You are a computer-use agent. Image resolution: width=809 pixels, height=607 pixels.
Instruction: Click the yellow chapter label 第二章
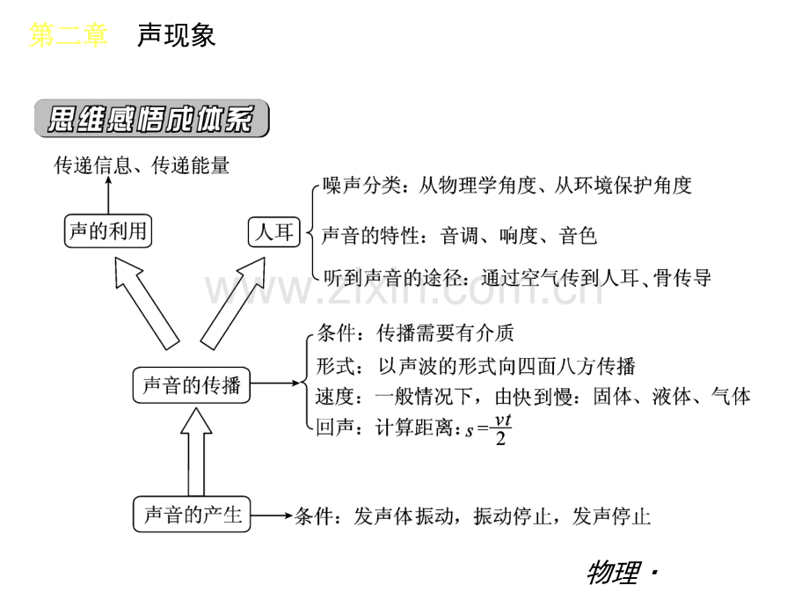68,35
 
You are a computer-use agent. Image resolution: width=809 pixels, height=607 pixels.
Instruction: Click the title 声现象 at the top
176,35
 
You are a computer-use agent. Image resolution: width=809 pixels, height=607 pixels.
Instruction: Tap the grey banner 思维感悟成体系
151,119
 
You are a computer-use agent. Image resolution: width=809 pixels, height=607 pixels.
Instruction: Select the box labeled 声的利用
108,230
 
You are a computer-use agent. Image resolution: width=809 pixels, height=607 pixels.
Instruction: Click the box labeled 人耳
274,231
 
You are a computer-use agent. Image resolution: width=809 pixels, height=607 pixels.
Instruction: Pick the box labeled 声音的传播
192,385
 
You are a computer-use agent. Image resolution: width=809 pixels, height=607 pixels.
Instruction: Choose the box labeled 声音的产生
192,514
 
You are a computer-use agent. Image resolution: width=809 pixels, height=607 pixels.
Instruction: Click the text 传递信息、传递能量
142,165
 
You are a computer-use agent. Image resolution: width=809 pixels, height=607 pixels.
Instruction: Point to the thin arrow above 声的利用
108,195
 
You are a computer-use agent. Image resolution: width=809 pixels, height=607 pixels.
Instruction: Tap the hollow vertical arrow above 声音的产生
196,451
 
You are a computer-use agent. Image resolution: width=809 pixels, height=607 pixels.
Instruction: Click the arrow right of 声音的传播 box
275,383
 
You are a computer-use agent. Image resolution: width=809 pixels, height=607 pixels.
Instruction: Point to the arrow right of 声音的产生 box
273,516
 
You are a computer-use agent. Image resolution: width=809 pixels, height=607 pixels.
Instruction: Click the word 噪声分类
361,186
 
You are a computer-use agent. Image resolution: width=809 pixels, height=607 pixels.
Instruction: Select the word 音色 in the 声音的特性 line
578,236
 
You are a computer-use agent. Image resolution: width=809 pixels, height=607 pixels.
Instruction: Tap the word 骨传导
682,278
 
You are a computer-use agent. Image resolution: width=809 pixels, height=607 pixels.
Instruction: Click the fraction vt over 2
502,429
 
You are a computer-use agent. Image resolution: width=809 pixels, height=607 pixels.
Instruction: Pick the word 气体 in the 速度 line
731,397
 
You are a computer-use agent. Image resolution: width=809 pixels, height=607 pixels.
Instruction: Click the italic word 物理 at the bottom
614,573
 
